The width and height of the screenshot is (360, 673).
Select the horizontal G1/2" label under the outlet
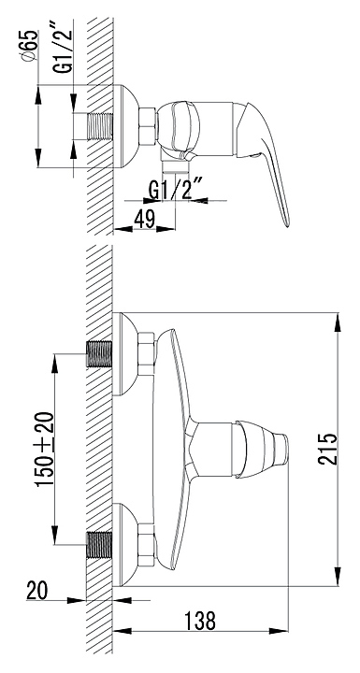(x=176, y=190)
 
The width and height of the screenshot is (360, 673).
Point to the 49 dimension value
(x=144, y=221)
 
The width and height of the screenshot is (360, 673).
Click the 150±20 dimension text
(x=45, y=449)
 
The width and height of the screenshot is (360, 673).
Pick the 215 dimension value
(x=328, y=449)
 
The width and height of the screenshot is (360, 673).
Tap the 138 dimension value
(x=200, y=621)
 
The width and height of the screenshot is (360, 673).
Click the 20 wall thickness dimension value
(x=37, y=590)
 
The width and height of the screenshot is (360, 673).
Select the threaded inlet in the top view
(x=100, y=126)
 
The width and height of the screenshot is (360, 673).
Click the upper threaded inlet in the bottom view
(x=99, y=353)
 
